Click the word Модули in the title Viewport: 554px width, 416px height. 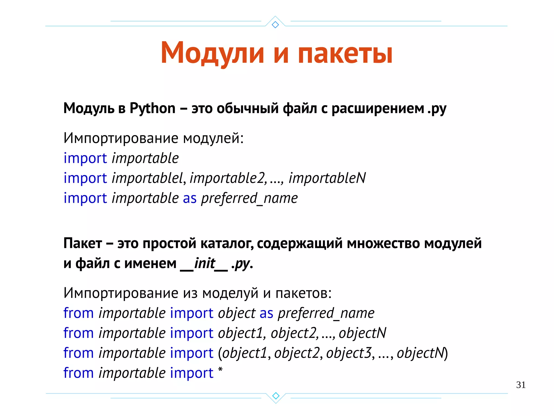point(212,53)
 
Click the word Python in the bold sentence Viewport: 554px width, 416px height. point(153,108)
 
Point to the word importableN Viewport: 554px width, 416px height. point(327,178)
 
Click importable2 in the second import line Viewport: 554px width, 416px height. point(227,178)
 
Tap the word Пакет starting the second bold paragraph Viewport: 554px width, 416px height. point(83,243)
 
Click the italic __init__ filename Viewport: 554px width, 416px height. point(205,263)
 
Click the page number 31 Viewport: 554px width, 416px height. point(521,385)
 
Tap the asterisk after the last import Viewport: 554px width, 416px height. point(220,370)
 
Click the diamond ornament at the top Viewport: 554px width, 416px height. point(275,25)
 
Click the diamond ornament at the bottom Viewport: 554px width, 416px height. point(276,396)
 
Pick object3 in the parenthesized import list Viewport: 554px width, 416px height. point(349,353)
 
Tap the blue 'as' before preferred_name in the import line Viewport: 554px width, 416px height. point(190,198)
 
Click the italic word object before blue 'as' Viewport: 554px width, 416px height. point(237,313)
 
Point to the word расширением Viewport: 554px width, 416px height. point(378,108)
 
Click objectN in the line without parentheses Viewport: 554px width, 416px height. point(362,333)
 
